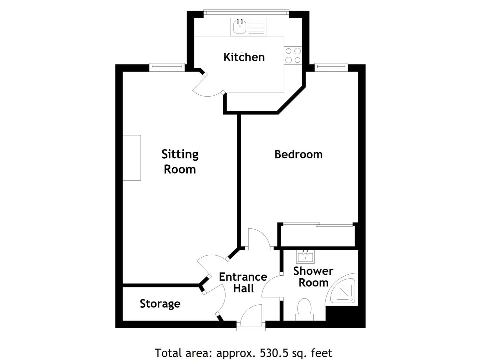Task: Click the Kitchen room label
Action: click(244, 57)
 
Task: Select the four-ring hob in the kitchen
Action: click(293, 56)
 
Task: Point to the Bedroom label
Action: click(298, 154)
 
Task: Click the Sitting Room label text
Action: click(180, 162)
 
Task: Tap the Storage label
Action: click(160, 304)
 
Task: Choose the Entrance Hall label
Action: click(243, 282)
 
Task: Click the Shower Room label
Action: click(313, 277)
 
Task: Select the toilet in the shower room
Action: click(304, 310)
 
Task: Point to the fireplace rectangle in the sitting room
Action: click(132, 158)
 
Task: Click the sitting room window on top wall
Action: click(167, 67)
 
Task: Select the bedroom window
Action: click(331, 67)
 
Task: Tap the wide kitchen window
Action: click(246, 13)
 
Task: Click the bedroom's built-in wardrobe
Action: click(317, 236)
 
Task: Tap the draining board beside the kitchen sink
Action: click(257, 26)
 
